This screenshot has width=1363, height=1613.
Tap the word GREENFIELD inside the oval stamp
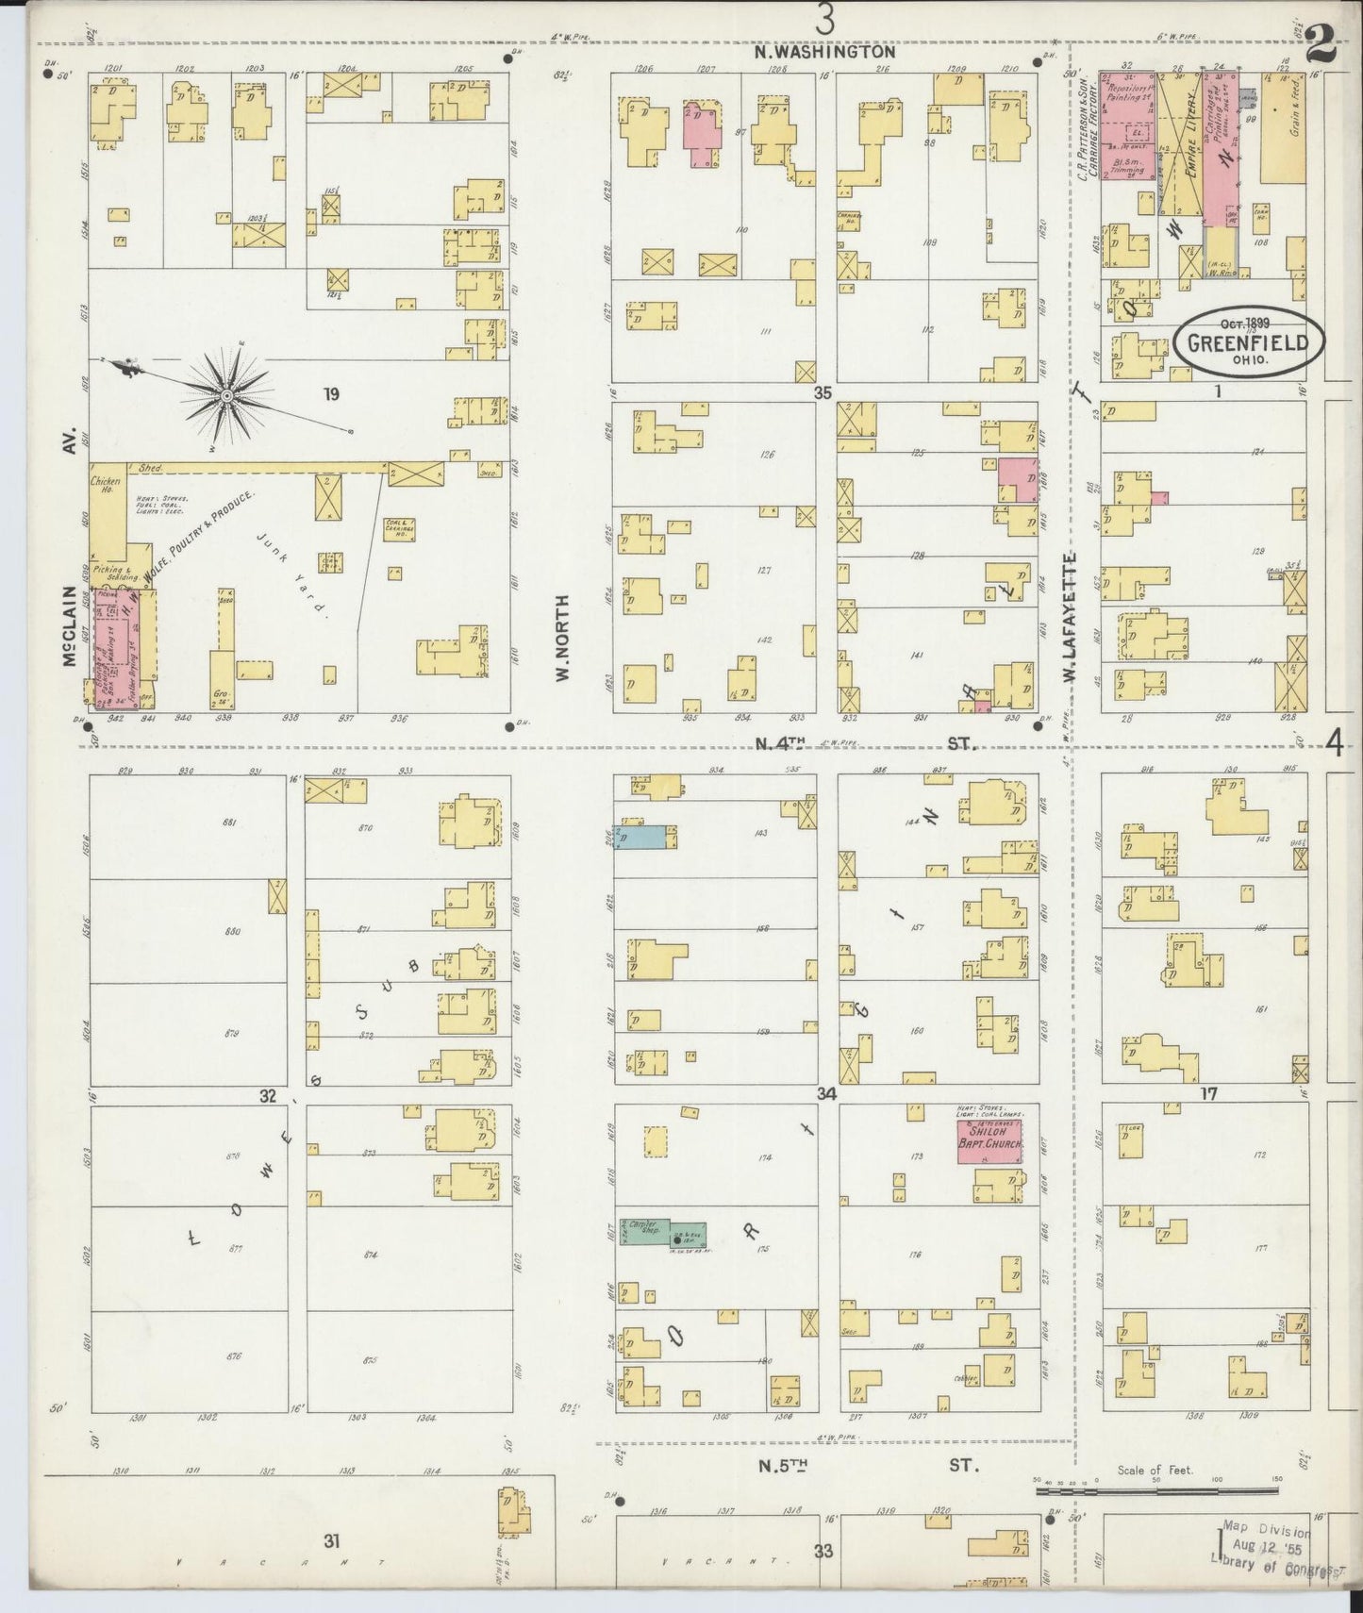[1248, 342]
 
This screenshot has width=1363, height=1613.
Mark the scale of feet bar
[1155, 1490]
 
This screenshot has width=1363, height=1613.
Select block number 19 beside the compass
[330, 394]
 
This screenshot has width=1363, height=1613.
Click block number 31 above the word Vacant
[330, 1540]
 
